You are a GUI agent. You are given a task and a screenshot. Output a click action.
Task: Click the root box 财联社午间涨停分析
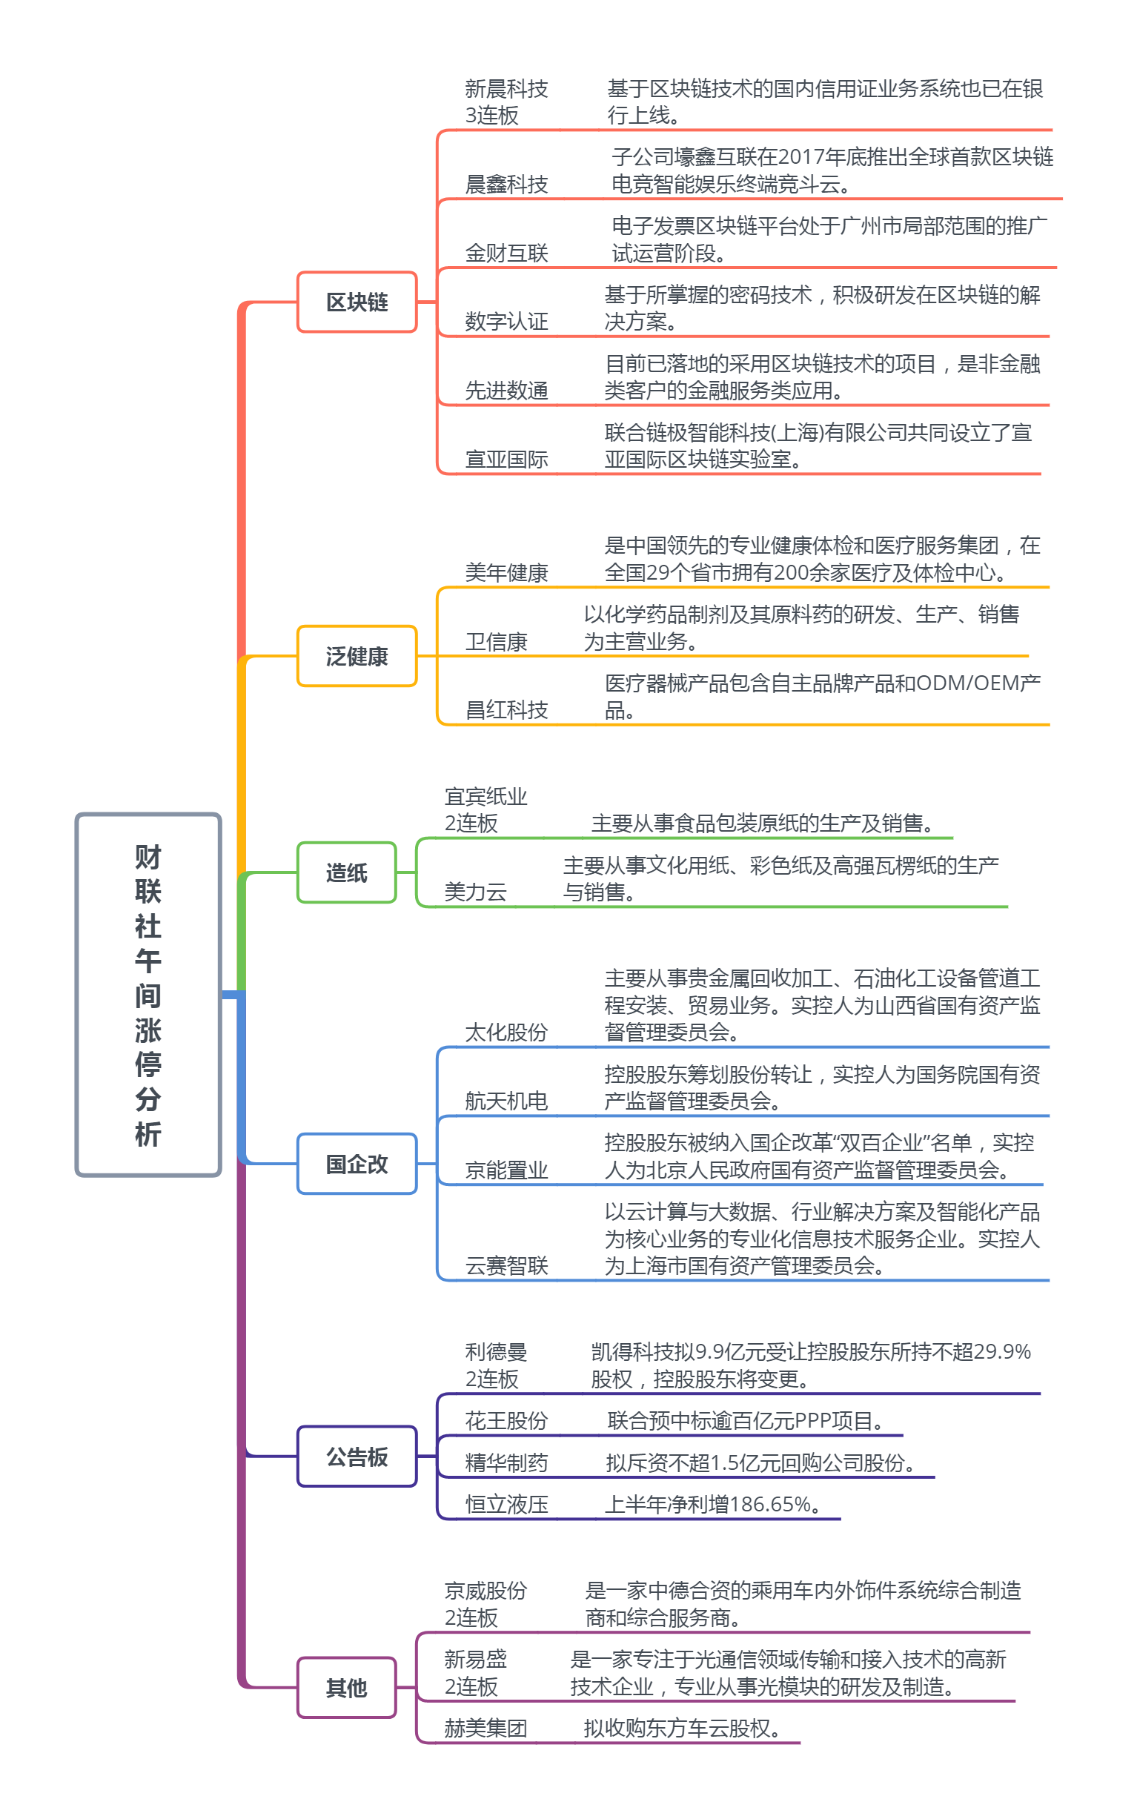pos(148,994)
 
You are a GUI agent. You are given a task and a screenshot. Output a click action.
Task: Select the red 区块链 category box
pos(357,302)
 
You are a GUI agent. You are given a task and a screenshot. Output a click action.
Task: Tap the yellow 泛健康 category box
pos(357,657)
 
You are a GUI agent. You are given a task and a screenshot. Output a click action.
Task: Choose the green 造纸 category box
pos(347,872)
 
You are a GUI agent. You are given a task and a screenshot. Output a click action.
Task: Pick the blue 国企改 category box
pos(357,1164)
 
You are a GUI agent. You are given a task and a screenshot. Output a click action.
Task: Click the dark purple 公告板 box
pos(357,1457)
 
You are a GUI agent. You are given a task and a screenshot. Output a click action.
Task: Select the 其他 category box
pos(347,1688)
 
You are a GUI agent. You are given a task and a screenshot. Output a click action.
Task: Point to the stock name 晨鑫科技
pos(506,185)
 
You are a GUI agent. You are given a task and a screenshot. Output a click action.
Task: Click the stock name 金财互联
pos(506,254)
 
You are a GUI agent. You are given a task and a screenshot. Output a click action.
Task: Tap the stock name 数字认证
pos(506,322)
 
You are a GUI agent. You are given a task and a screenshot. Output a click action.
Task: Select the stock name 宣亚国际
pos(506,460)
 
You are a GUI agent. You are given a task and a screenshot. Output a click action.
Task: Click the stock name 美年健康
pos(506,573)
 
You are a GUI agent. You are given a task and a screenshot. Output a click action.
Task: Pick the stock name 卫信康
pos(497,642)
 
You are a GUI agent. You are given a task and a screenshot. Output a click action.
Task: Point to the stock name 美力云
pos(475,892)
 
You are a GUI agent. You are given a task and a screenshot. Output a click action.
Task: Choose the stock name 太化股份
pos(506,1033)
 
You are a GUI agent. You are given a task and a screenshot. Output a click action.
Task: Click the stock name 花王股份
pos(506,1420)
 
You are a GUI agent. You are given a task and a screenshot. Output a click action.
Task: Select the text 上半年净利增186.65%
pos(712,1504)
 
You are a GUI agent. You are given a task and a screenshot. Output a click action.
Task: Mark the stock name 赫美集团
pos(485,1728)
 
